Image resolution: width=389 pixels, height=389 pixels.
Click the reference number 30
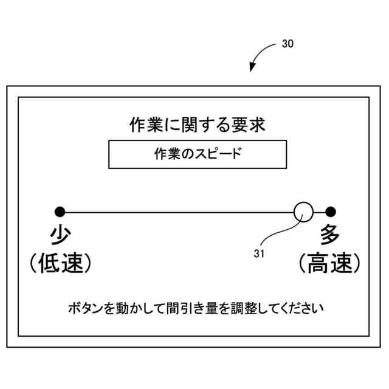pos(287,45)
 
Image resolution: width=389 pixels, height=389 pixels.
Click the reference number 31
pos(259,254)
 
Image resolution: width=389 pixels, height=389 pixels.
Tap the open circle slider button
pos(303,212)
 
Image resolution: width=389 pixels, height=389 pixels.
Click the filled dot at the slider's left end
pos(60,212)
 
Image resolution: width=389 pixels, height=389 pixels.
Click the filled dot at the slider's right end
pos(330,212)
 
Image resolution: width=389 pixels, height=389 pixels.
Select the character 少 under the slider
pos(60,233)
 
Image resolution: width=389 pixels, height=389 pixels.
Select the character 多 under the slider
pos(330,233)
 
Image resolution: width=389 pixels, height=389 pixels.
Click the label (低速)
pos(60,264)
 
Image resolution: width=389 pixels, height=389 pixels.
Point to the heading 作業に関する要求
pos(198,125)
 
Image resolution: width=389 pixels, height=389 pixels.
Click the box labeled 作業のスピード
pos(198,154)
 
